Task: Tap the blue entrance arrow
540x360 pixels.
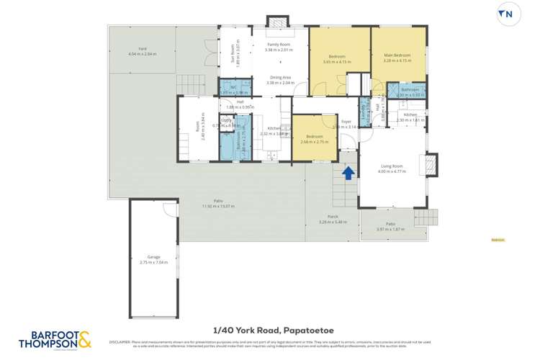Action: [348, 173]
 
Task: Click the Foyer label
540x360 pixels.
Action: [346, 122]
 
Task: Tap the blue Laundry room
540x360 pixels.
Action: [364, 111]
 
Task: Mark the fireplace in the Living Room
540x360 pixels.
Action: [430, 165]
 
